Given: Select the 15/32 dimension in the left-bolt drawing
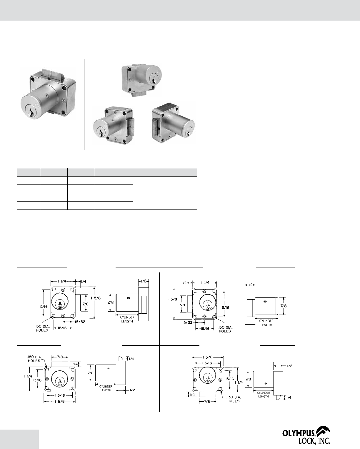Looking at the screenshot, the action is [187, 322].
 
